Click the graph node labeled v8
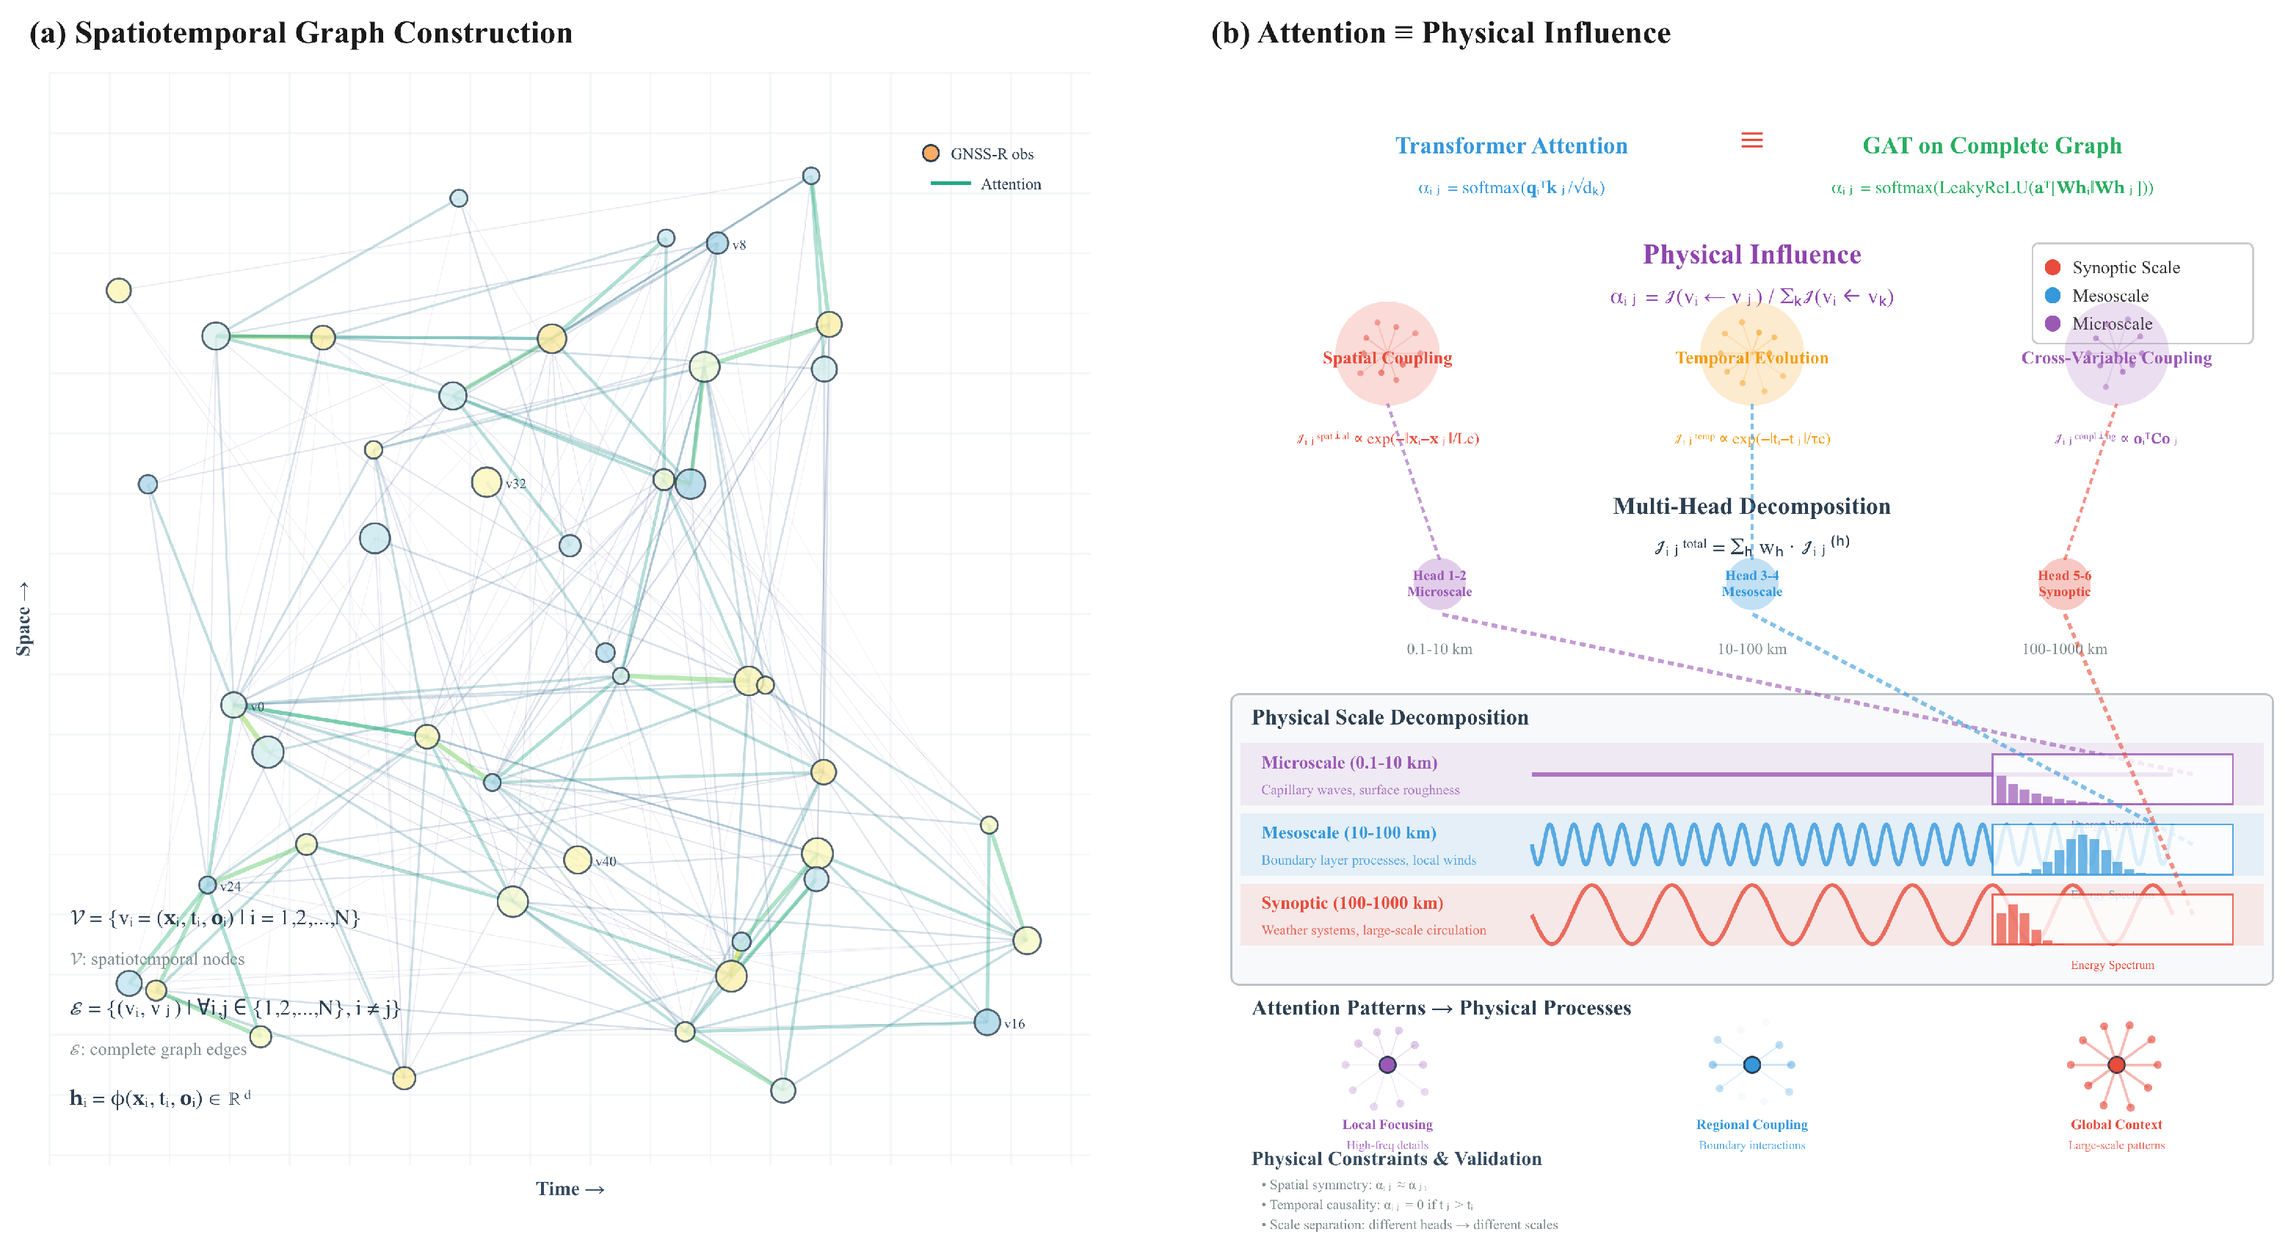click(x=716, y=242)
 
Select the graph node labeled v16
click(x=987, y=1023)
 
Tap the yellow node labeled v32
click(x=486, y=482)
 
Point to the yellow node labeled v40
click(x=578, y=860)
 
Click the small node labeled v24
click(x=207, y=885)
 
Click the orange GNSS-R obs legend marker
click(x=931, y=153)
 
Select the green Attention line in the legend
click(x=951, y=184)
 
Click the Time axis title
click(x=570, y=1189)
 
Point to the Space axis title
click(x=24, y=619)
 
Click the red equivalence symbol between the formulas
click(x=1751, y=140)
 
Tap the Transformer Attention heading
click(x=1511, y=145)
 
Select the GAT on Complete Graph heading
click(x=1991, y=145)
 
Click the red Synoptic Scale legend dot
click(x=2052, y=267)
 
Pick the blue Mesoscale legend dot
click(x=2052, y=296)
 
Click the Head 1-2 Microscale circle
click(x=1439, y=584)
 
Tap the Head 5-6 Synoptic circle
click(x=2064, y=584)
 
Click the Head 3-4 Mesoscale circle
click(x=1751, y=584)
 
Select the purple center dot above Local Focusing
click(x=1387, y=1065)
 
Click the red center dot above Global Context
click(x=2116, y=1065)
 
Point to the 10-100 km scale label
click(x=1751, y=649)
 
